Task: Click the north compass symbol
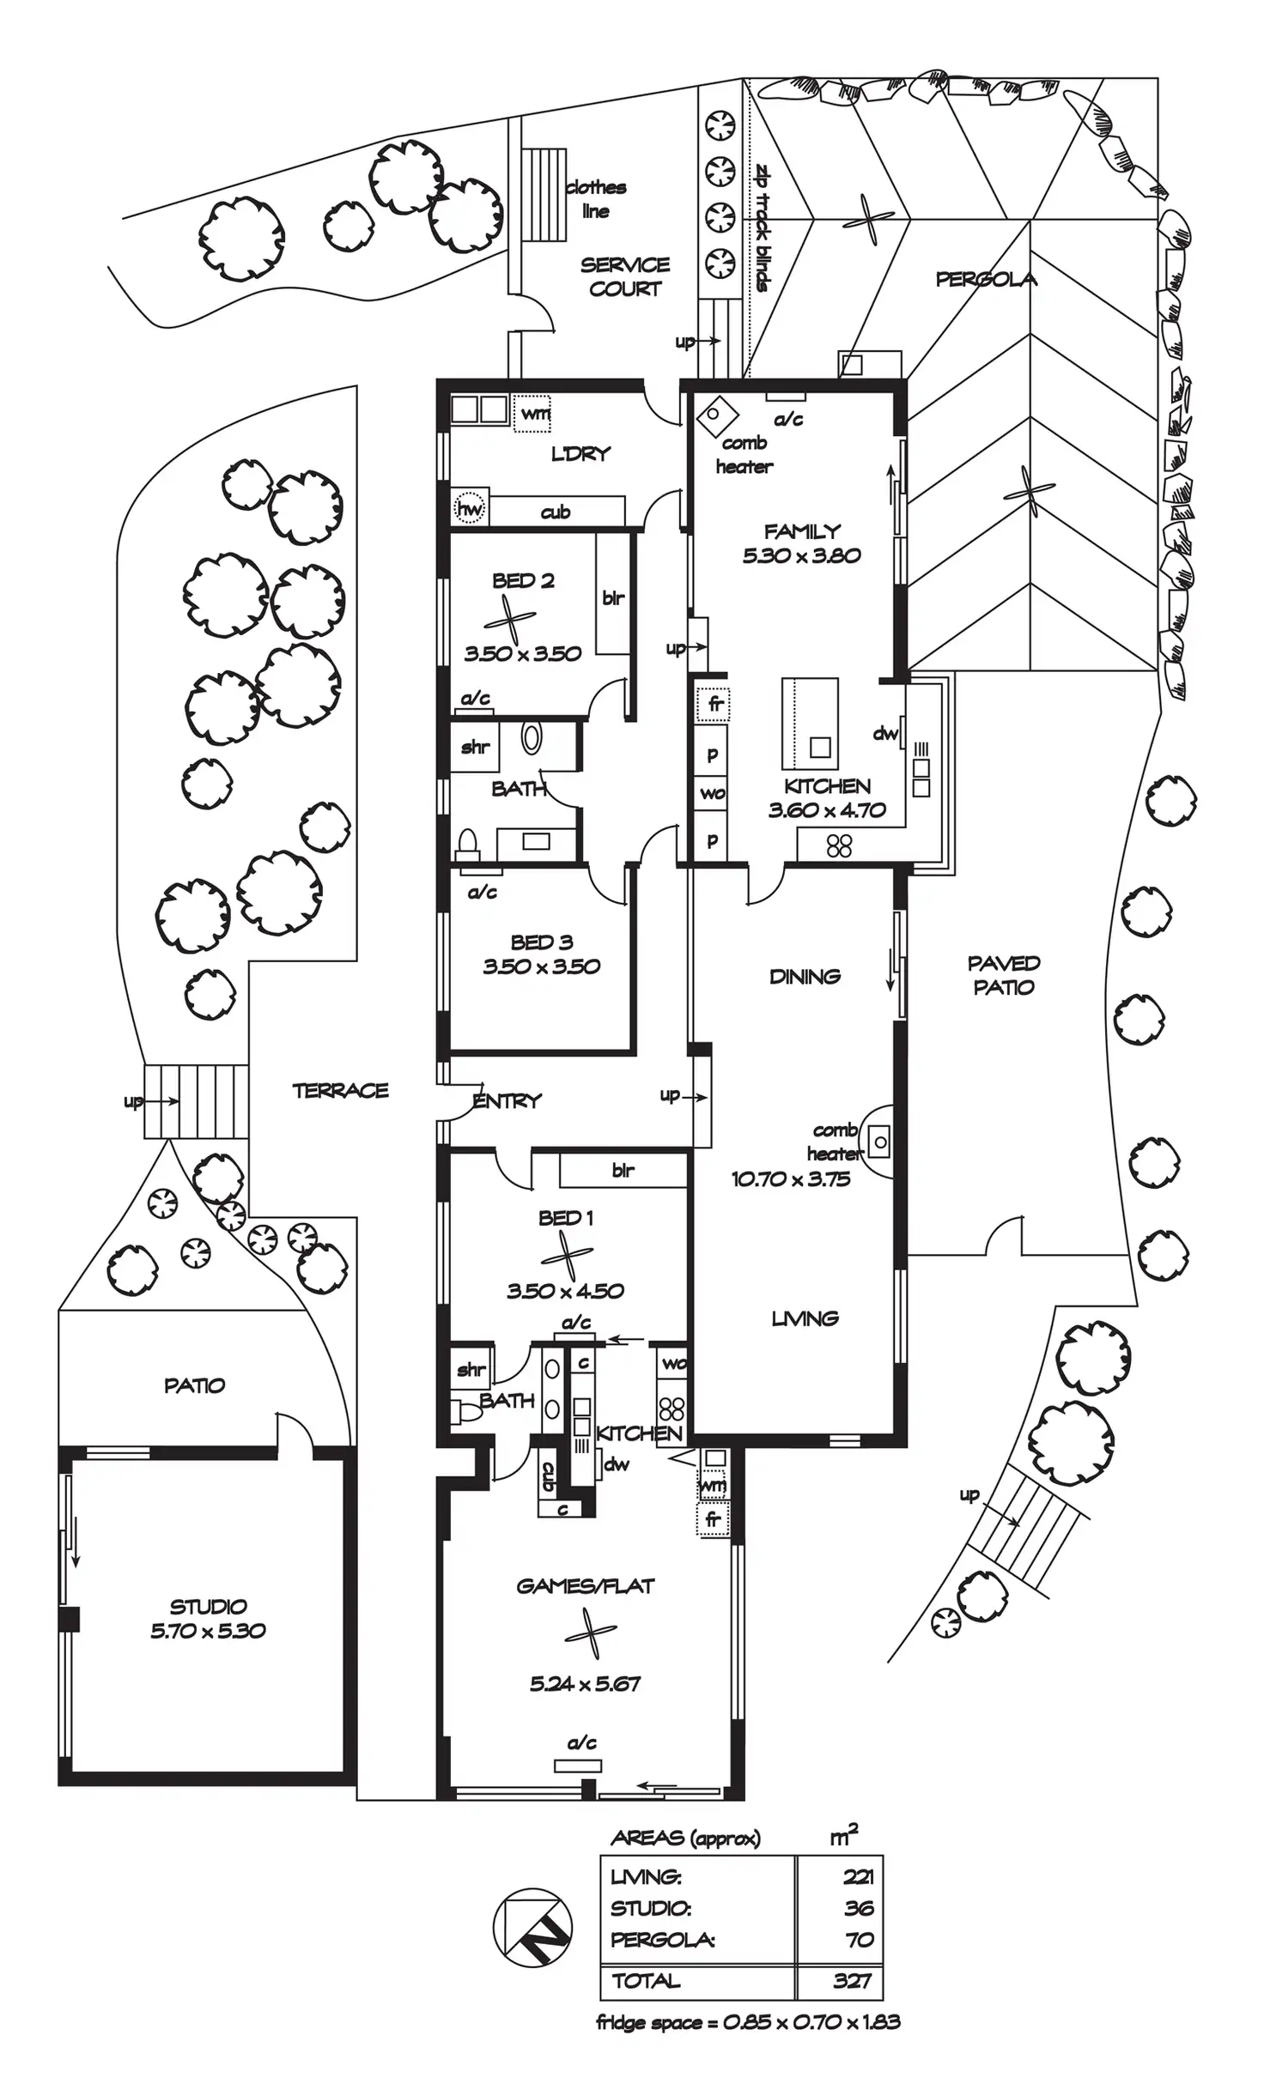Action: pyautogui.click(x=532, y=1927)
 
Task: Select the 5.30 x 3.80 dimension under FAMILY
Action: pyautogui.click(x=801, y=556)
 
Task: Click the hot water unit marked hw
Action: pyautogui.click(x=470, y=509)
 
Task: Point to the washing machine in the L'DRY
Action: pyautogui.click(x=532, y=414)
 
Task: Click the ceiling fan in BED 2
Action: pyautogui.click(x=510, y=618)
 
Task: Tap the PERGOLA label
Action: pyautogui.click(x=986, y=279)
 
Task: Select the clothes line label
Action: pyautogui.click(x=595, y=199)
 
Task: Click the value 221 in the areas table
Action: pyautogui.click(x=858, y=1877)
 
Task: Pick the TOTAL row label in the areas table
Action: pyautogui.click(x=646, y=1981)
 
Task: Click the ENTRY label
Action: pyautogui.click(x=507, y=1100)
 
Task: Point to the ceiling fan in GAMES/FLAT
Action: pyautogui.click(x=590, y=1633)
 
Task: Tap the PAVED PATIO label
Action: pyautogui.click(x=1003, y=976)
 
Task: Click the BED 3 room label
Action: pyautogui.click(x=541, y=942)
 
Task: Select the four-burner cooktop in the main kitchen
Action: pyautogui.click(x=839, y=846)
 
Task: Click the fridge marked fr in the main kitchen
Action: pyautogui.click(x=714, y=705)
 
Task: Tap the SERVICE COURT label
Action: pyautogui.click(x=625, y=276)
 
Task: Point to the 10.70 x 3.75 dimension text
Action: pyautogui.click(x=790, y=1179)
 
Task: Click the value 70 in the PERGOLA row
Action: pyautogui.click(x=860, y=1940)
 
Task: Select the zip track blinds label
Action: pyautogui.click(x=763, y=227)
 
